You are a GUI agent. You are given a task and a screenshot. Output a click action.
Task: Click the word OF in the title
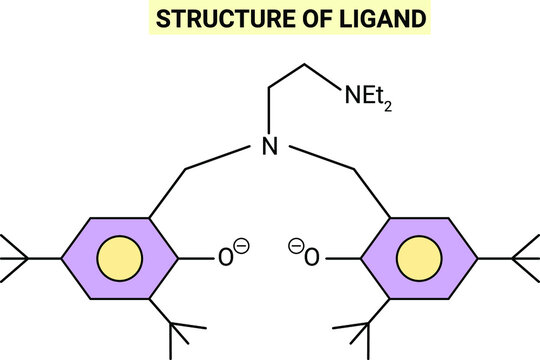click(294, 18)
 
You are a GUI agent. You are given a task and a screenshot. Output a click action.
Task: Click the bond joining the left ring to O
click(199, 259)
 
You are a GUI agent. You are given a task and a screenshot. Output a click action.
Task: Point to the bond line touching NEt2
click(321, 79)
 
